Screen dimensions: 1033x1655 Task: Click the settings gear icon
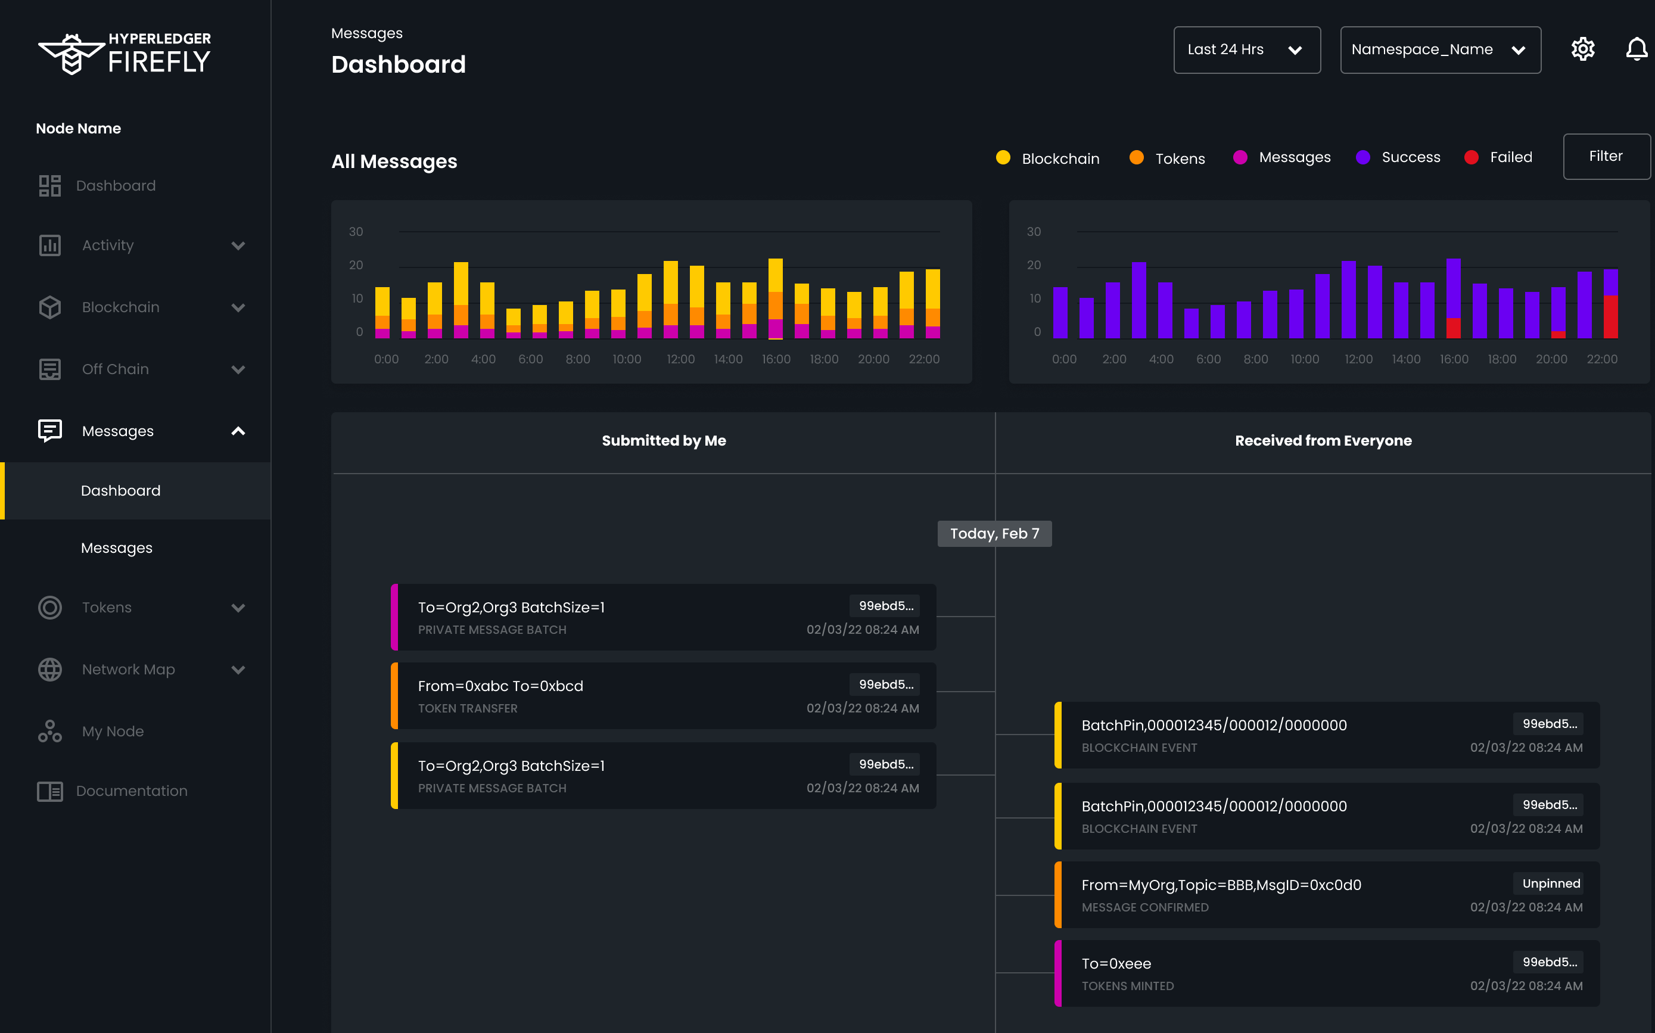(x=1582, y=49)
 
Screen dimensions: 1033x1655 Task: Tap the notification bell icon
(x=1636, y=49)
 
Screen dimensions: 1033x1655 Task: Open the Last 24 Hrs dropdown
(x=1246, y=50)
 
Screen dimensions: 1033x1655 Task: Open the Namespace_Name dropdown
(x=1439, y=50)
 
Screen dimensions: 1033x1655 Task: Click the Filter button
(x=1605, y=157)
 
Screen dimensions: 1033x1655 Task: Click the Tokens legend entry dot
(x=1136, y=158)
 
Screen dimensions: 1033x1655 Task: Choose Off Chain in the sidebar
(x=116, y=369)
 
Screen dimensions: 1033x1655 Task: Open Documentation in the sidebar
(x=131, y=791)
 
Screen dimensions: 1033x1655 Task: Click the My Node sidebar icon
(x=50, y=731)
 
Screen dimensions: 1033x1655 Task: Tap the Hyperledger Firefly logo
(x=125, y=53)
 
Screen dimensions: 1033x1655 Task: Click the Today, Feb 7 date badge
(x=994, y=534)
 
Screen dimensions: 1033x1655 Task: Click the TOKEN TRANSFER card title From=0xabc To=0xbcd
(x=500, y=686)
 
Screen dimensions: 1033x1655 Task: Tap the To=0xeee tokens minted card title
(x=1115, y=963)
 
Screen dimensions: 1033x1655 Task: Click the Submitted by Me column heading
(x=663, y=441)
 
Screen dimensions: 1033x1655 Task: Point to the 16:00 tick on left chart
(x=776, y=359)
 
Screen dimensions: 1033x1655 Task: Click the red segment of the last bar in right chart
(x=1610, y=317)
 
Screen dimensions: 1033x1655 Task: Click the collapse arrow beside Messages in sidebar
(x=238, y=431)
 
